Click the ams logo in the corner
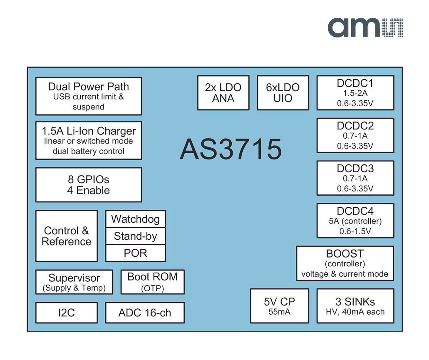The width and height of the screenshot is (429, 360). click(365, 28)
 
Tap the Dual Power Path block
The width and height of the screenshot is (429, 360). click(89, 96)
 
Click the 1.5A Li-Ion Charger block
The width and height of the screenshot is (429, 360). click(89, 140)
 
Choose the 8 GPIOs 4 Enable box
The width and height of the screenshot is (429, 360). click(89, 185)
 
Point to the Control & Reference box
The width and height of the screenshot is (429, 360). click(67, 236)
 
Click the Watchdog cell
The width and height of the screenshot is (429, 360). click(135, 219)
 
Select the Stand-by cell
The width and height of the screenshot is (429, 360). click(135, 236)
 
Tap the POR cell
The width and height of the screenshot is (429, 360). click(135, 253)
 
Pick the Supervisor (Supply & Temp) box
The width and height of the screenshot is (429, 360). click(74, 282)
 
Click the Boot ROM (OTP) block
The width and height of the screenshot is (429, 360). click(152, 282)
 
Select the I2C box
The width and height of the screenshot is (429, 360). click(67, 313)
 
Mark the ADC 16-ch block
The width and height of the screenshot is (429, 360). click(144, 313)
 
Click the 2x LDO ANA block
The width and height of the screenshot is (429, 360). click(223, 93)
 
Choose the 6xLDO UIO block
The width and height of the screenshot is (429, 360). click(283, 93)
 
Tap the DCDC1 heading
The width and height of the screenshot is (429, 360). click(355, 83)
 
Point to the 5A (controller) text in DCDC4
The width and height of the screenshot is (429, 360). click(355, 221)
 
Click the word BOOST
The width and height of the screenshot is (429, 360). click(345, 253)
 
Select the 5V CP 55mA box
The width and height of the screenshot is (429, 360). click(279, 306)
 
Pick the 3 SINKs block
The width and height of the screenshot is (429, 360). click(355, 306)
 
